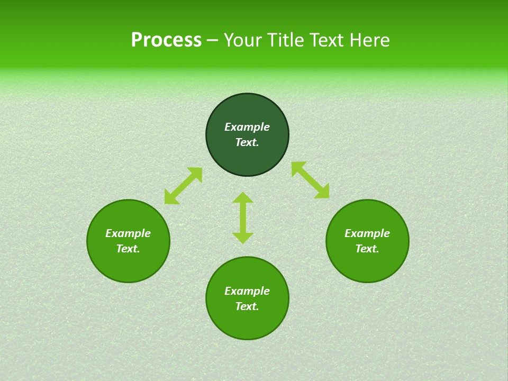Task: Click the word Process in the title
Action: (x=166, y=40)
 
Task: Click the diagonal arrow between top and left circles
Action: (x=183, y=186)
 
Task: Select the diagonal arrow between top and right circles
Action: (x=310, y=180)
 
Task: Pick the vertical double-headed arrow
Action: (x=243, y=217)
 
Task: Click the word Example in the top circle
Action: (x=247, y=127)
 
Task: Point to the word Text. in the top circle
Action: (x=247, y=142)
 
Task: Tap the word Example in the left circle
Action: (x=128, y=233)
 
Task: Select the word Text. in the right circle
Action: (x=367, y=249)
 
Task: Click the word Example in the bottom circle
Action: (x=247, y=291)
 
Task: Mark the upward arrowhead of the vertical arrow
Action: (x=243, y=197)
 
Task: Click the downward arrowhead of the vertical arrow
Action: (x=243, y=238)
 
